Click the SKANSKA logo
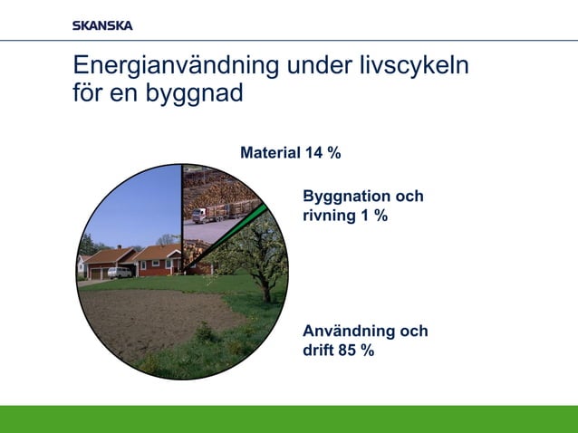[x=102, y=25]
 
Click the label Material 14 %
[x=290, y=153]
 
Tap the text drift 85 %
[x=338, y=351]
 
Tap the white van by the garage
[x=119, y=272]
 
